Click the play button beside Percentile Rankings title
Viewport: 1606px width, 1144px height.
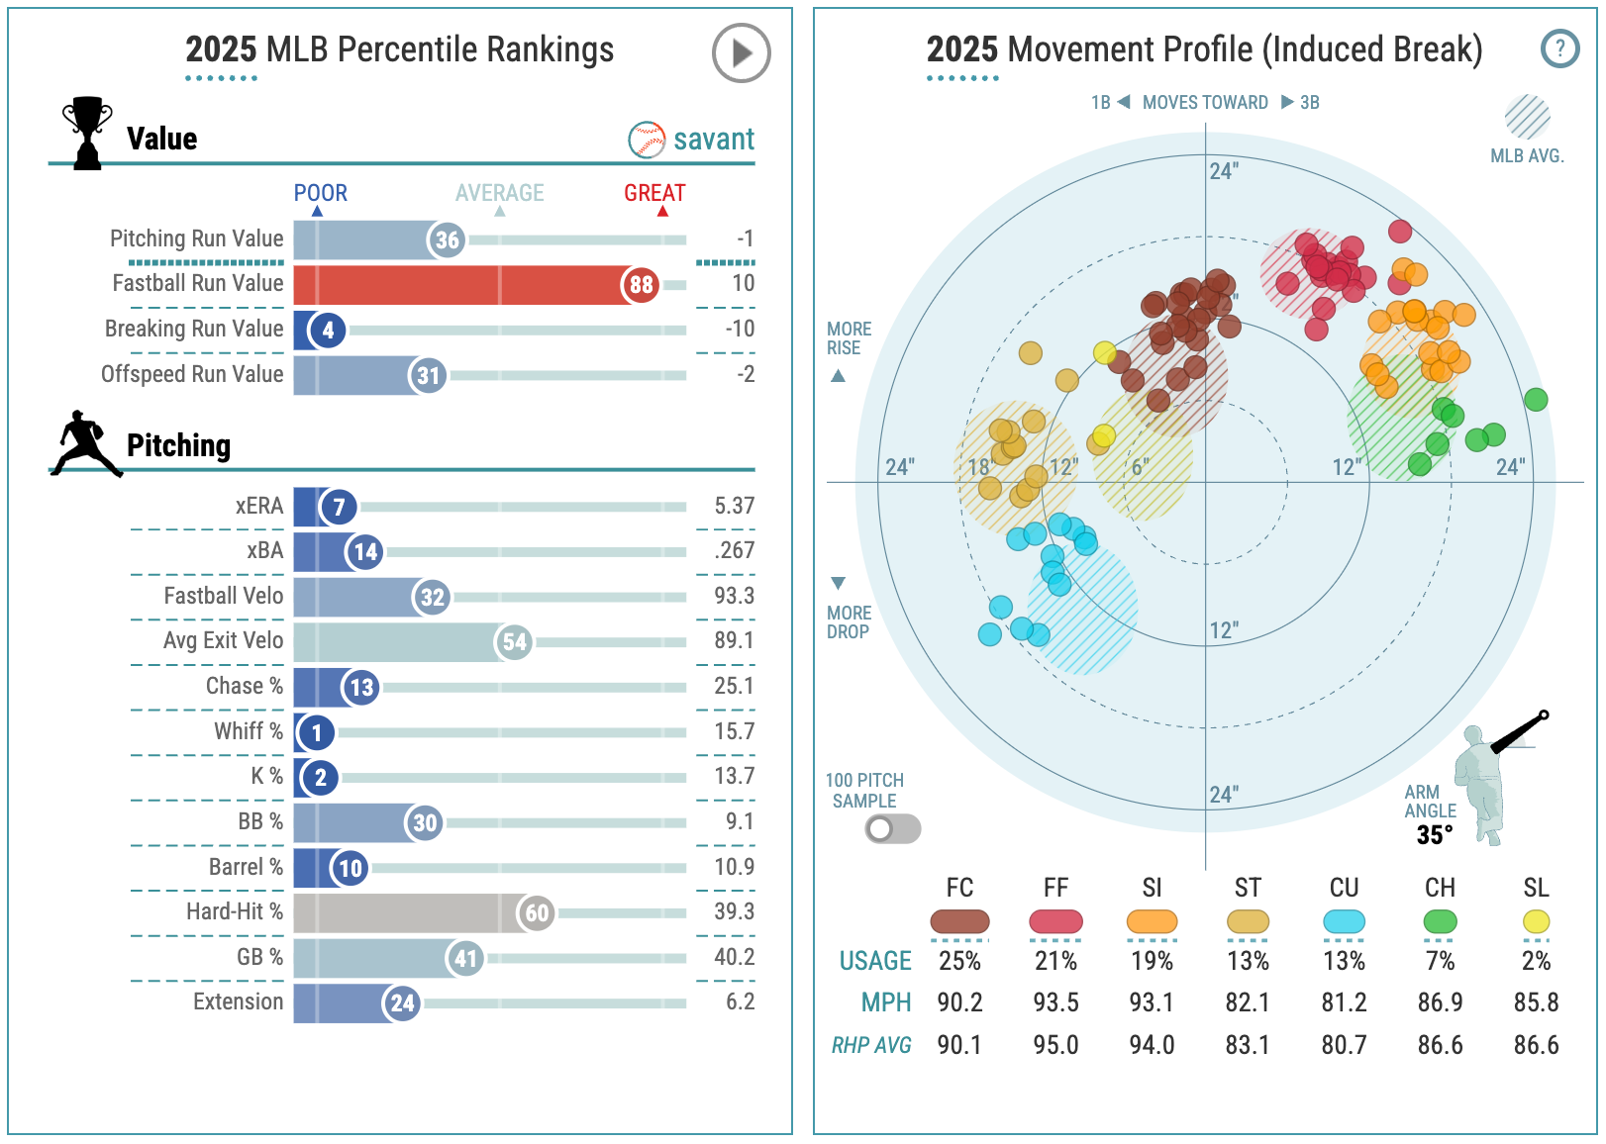pyautogui.click(x=741, y=52)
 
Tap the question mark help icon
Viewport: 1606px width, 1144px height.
pyautogui.click(x=1559, y=48)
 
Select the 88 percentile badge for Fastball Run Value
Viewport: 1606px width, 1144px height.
pyautogui.click(x=641, y=285)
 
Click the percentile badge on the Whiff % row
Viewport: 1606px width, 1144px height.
pyautogui.click(x=316, y=733)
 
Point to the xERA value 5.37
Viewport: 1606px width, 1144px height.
pyautogui.click(x=734, y=507)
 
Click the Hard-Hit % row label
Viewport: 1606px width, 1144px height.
pyautogui.click(x=235, y=911)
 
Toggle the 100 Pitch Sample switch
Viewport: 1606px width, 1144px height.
pyautogui.click(x=892, y=828)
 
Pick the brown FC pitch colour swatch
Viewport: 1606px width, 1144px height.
pyautogui.click(x=959, y=921)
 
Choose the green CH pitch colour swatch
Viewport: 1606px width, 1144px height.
pyautogui.click(x=1440, y=921)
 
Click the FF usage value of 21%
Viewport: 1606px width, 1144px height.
pyautogui.click(x=1055, y=961)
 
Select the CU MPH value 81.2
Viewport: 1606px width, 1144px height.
pyautogui.click(x=1344, y=1002)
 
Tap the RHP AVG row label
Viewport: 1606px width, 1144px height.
pyautogui.click(x=871, y=1045)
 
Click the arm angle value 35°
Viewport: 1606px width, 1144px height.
pyautogui.click(x=1435, y=835)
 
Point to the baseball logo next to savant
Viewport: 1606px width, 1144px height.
pyautogui.click(x=647, y=140)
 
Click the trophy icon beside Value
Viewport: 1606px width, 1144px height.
pyautogui.click(x=87, y=134)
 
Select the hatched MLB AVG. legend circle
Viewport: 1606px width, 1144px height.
pyautogui.click(x=1527, y=118)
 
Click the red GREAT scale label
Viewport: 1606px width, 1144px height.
pyautogui.click(x=654, y=193)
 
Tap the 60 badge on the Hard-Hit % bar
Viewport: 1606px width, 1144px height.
pyautogui.click(x=537, y=913)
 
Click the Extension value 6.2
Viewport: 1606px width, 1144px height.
pyautogui.click(x=740, y=1002)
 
